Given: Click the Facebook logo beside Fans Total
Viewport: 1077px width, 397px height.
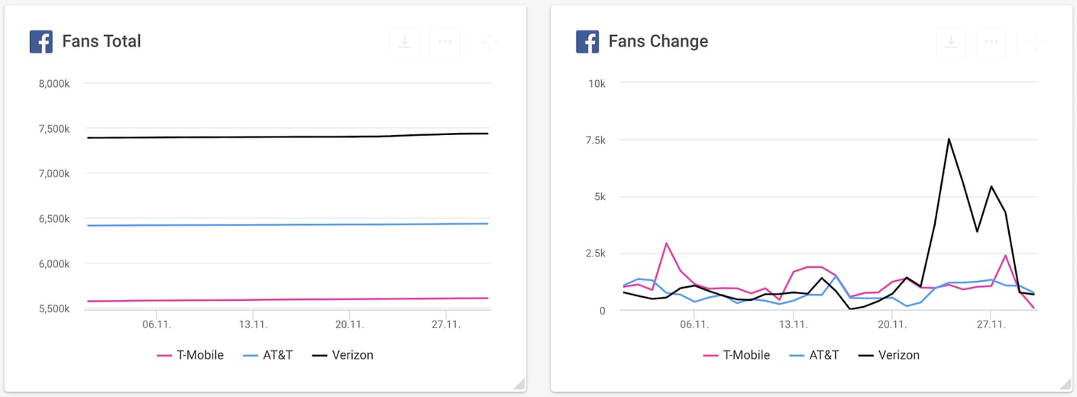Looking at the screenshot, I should tap(40, 41).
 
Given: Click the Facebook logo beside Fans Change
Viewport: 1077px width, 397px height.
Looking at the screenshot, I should tap(587, 41).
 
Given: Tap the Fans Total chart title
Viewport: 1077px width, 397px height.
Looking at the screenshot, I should tap(102, 41).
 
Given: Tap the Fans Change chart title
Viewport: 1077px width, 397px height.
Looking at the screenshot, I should tap(658, 41).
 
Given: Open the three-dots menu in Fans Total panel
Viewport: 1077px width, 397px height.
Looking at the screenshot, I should tap(445, 42).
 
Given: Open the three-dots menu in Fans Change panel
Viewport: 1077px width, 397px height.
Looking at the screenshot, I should tap(991, 42).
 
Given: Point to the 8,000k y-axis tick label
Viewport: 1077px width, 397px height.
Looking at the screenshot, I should tap(53, 83).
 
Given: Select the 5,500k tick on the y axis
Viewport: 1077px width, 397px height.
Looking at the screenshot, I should tap(53, 309).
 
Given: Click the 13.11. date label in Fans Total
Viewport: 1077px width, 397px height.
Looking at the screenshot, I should tap(253, 324).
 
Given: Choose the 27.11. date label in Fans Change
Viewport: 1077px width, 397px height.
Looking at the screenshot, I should tap(991, 324).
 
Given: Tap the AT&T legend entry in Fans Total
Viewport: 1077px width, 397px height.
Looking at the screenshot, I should tap(267, 355).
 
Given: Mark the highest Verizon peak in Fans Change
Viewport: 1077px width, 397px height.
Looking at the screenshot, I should tap(949, 139).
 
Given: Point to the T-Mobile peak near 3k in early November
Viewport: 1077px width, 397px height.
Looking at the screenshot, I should tap(666, 244).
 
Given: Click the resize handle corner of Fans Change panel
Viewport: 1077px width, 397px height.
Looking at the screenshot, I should tap(1066, 384).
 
